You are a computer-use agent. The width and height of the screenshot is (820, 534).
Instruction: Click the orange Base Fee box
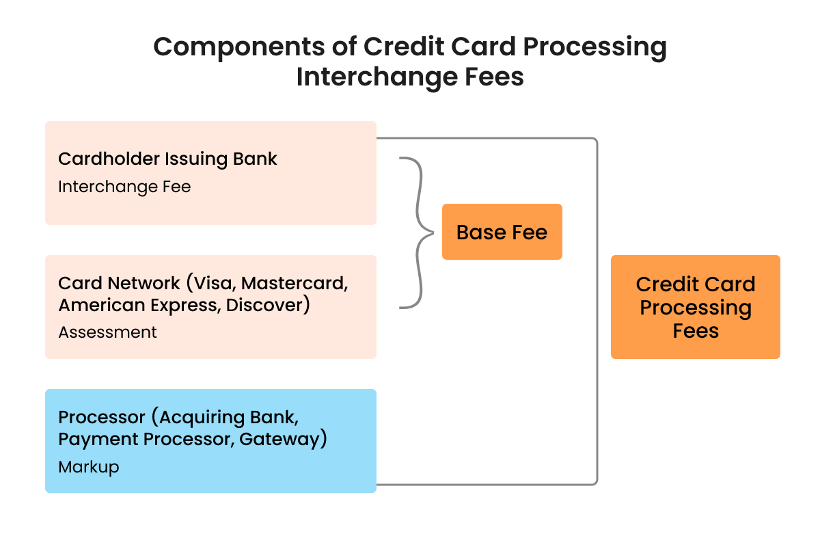coord(502,232)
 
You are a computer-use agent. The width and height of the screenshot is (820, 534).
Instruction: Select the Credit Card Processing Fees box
coord(695,307)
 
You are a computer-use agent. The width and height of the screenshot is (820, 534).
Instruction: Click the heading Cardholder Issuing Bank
coord(167,159)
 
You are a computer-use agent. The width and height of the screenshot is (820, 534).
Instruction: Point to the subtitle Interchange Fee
coord(124,187)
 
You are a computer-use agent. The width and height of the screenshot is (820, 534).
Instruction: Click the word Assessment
coord(107,332)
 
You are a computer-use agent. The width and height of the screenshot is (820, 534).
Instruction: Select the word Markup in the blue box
coord(89,467)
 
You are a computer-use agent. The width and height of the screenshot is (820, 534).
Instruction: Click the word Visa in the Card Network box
coord(212,284)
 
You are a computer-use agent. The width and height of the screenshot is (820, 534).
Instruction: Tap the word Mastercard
coord(295,284)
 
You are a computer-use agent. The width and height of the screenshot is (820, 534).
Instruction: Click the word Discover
coord(264,306)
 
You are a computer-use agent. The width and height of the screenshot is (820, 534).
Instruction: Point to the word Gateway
coord(279,439)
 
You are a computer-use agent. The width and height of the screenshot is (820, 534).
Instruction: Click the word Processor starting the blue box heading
coord(102,417)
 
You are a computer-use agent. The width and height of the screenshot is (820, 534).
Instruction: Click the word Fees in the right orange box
coord(695,331)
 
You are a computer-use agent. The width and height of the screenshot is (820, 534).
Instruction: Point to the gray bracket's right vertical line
coord(597,311)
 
